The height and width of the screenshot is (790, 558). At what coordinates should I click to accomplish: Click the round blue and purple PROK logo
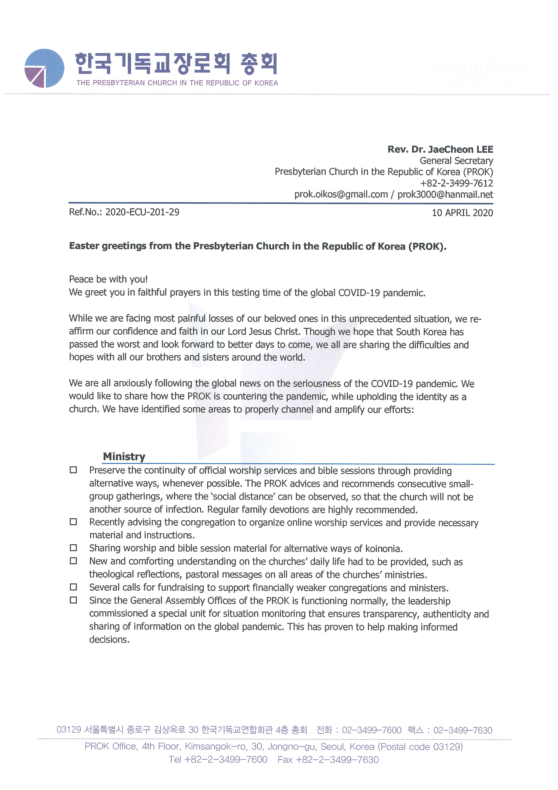click(44, 68)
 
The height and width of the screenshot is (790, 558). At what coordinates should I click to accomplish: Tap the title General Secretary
click(456, 161)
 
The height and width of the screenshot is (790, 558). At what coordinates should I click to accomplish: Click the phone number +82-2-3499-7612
click(456, 183)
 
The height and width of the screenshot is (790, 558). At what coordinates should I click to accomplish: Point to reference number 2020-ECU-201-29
click(142, 212)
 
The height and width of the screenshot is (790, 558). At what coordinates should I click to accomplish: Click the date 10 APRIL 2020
click(462, 213)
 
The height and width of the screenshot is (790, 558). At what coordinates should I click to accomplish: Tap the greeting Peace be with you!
click(108, 279)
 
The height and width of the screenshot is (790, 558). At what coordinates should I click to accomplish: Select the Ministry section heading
click(124, 456)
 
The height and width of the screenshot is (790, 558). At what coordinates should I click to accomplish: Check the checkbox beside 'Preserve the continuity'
click(73, 470)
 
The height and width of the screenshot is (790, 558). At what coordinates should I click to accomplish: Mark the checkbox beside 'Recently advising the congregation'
click(73, 522)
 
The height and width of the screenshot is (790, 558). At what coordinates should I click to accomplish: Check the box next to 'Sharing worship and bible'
click(73, 548)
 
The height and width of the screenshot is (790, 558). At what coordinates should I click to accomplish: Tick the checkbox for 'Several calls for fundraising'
click(73, 587)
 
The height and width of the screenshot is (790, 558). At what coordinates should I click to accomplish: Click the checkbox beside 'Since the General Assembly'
click(73, 600)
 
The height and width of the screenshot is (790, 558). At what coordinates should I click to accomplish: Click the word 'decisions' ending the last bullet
click(109, 640)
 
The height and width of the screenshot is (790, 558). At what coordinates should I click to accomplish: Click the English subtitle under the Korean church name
click(177, 83)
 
